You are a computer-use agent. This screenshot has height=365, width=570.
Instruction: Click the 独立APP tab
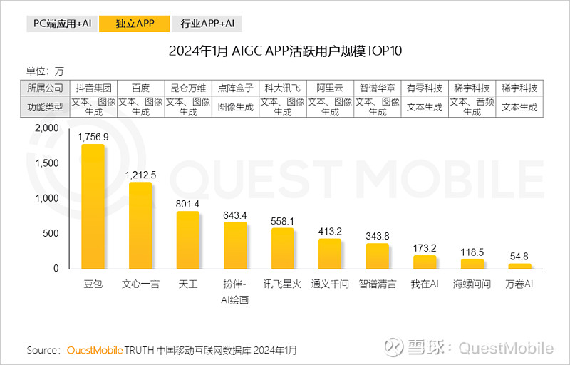point(135,24)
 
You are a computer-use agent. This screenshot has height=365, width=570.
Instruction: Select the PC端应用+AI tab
point(62,24)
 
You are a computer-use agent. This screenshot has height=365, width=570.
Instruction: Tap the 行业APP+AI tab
point(207,24)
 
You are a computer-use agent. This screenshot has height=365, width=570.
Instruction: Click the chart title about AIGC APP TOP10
point(285,51)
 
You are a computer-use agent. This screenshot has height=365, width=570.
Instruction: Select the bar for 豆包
point(93,207)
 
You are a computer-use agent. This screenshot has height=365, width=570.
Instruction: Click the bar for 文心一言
point(140,226)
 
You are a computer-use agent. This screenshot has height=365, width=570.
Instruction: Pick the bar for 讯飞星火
point(283,249)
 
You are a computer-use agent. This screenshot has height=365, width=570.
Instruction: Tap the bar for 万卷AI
point(519,266)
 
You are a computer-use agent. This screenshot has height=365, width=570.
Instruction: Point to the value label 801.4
point(188,204)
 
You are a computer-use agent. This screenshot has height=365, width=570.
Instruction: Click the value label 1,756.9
point(93,137)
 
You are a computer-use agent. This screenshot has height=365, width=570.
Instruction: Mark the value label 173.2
point(425,248)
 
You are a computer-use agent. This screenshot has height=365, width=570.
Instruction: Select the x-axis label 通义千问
point(330,284)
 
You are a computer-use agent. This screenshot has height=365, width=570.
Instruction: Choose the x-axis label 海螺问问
point(472,284)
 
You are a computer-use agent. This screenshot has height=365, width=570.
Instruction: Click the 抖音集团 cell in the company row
point(93,88)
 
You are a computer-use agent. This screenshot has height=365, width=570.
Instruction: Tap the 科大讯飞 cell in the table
point(283,88)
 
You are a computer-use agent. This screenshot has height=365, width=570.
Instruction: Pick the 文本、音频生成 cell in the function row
point(472,107)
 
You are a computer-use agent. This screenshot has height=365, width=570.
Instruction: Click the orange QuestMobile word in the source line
point(95,350)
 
